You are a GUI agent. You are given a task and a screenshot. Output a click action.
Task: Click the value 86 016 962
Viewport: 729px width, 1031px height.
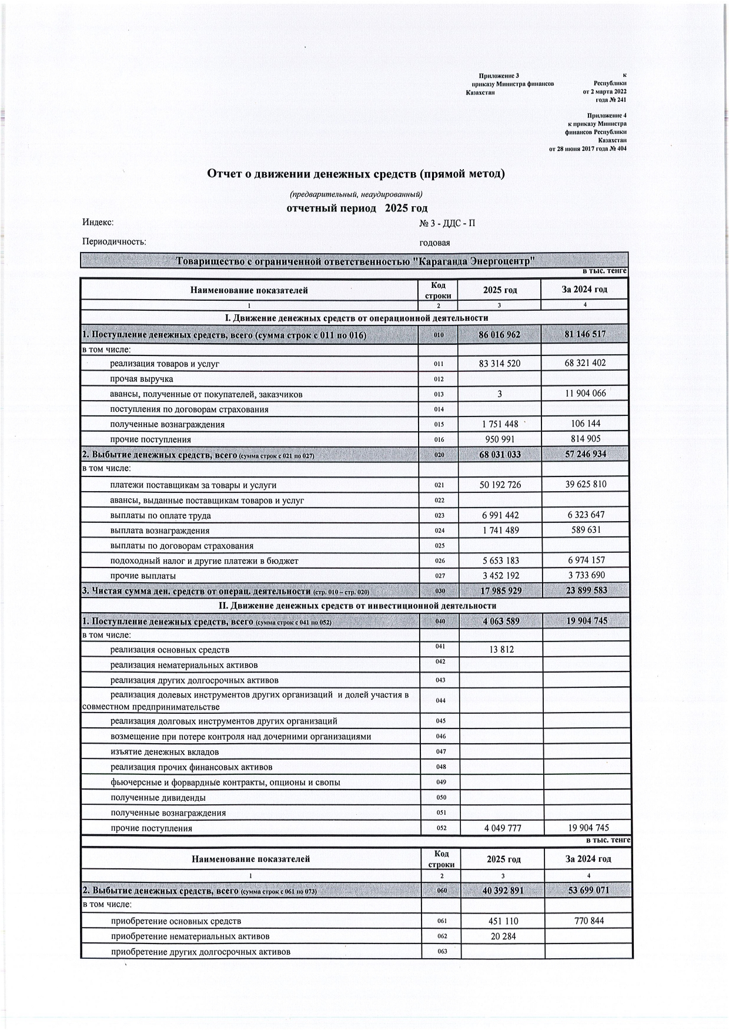[x=500, y=335]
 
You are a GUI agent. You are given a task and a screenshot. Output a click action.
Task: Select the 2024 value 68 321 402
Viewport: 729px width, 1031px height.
[x=585, y=363]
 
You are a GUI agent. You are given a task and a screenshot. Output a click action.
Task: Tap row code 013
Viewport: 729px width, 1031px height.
[x=439, y=395]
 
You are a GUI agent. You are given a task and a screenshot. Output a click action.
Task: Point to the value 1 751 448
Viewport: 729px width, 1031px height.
[x=500, y=424]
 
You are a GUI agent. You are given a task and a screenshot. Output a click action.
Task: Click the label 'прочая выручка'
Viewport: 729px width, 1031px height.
[x=142, y=379]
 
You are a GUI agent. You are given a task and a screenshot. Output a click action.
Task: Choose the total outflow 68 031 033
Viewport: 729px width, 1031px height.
[x=500, y=455]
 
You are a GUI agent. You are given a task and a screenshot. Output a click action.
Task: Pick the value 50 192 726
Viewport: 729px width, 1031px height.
[x=500, y=485]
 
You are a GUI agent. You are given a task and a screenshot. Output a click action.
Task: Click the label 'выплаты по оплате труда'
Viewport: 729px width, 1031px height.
[x=160, y=516]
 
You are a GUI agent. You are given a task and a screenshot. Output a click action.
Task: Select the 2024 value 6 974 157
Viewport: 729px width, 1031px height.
[x=585, y=560]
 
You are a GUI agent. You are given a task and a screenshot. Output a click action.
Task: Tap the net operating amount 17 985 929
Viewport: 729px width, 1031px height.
[x=500, y=590]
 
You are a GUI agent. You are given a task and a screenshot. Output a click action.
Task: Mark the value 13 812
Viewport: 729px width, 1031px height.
[x=500, y=650]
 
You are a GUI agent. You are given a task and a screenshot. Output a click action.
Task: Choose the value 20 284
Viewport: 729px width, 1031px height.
[x=503, y=936]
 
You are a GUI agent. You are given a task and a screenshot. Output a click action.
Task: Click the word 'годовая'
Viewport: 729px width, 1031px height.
[x=434, y=243]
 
